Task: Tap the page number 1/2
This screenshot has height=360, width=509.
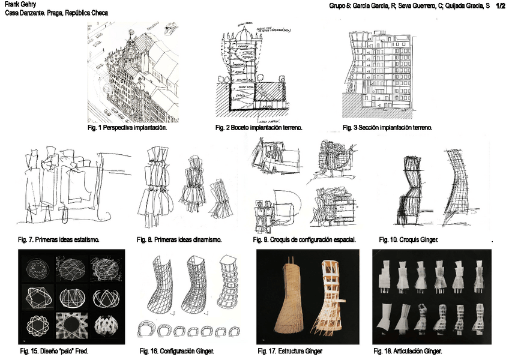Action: point(501,5)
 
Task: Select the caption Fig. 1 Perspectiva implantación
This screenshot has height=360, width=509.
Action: point(127,128)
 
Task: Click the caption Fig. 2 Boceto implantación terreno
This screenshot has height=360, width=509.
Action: point(259,128)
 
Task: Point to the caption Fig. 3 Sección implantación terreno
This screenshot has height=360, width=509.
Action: point(387,128)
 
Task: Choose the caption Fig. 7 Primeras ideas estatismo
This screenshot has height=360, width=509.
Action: point(58,240)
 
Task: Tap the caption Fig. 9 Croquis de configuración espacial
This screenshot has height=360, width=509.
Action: point(305,240)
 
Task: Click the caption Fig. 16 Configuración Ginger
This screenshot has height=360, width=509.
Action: point(177,350)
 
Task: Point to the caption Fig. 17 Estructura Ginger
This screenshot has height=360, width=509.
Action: point(290,350)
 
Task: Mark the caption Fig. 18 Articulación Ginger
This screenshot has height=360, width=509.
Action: point(408,350)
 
